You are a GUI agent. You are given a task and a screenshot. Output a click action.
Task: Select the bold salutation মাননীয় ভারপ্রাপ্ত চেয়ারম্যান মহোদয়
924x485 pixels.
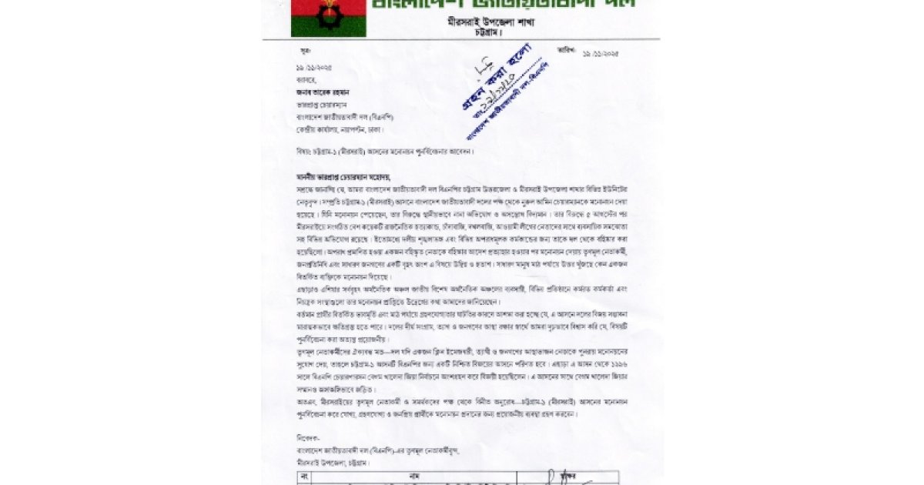pyautogui.click(x=346, y=176)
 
